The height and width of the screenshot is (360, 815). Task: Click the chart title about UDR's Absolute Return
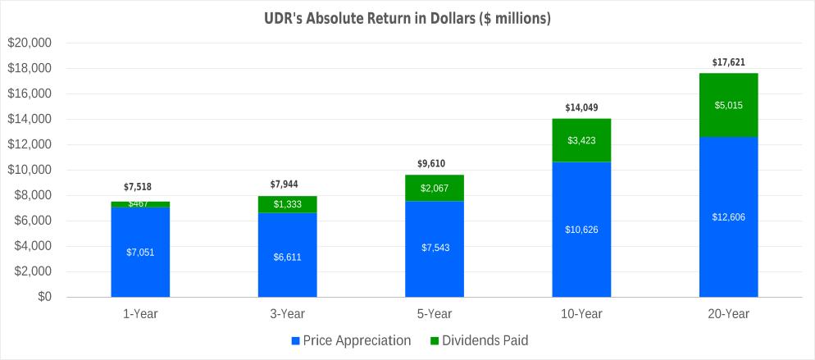coord(407,17)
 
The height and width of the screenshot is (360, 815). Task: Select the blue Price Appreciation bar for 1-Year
coord(140,252)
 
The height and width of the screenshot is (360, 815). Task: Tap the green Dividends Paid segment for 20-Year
coord(728,105)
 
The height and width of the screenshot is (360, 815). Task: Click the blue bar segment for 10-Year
coord(581,229)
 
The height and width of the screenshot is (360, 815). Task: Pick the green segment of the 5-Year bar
coord(435,188)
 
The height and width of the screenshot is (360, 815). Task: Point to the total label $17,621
coord(728,62)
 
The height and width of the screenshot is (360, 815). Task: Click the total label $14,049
coord(581,107)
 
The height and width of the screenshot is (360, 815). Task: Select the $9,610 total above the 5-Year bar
coord(435,163)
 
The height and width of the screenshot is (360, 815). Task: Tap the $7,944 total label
coord(287,185)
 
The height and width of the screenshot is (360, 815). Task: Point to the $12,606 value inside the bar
coord(728,216)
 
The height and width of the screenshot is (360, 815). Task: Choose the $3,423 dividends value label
coord(581,140)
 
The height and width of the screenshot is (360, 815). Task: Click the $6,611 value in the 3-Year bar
coord(287,257)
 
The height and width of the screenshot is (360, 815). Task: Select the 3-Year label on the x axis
coord(287,314)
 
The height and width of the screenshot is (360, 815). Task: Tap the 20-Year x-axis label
coord(728,314)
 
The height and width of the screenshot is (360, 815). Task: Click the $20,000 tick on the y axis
coord(29,43)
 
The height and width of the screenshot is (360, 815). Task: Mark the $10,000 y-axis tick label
coord(29,170)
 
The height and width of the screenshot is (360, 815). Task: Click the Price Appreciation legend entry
coord(350,340)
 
